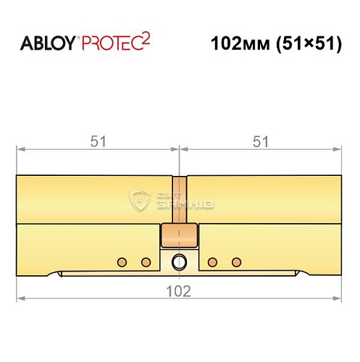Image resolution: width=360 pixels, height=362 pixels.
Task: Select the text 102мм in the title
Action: click(x=233, y=43)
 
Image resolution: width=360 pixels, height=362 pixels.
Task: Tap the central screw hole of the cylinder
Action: click(x=179, y=261)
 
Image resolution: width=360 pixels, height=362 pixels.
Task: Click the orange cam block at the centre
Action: click(x=179, y=236)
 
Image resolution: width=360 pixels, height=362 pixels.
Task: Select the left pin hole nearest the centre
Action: click(x=146, y=261)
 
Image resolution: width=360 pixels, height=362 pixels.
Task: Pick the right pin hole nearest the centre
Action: click(x=212, y=261)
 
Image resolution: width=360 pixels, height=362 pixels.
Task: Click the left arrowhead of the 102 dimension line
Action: click(x=20, y=298)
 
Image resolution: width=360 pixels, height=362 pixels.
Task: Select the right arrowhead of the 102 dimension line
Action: click(x=338, y=298)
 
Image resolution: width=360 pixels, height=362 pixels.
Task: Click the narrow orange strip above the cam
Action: click(x=179, y=199)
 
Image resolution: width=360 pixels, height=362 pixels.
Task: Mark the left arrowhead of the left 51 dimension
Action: click(x=20, y=150)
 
